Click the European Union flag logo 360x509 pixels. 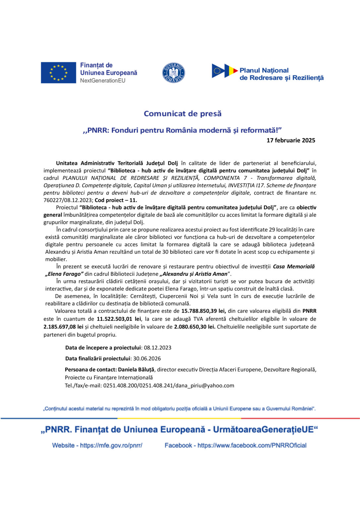(x=58, y=73)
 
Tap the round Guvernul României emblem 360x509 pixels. (x=173, y=73)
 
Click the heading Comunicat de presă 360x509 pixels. (x=182, y=114)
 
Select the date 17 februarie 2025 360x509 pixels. (x=291, y=141)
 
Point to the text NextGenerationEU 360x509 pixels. (x=102, y=81)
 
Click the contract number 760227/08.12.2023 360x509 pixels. (x=68, y=200)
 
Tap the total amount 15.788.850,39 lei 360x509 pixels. (x=204, y=311)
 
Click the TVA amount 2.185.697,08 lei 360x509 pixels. (x=63, y=327)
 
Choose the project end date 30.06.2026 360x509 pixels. (x=147, y=359)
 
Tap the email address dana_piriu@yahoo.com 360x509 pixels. (x=205, y=386)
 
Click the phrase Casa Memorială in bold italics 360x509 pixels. (x=294, y=267)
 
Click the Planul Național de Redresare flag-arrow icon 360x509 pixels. (x=224, y=71)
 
